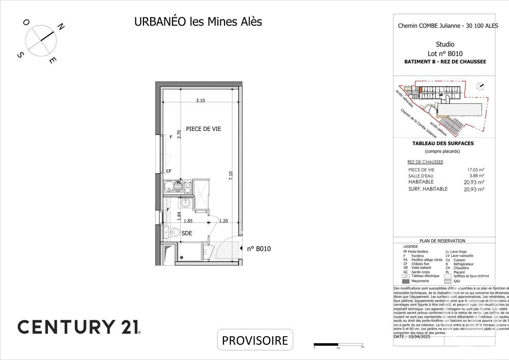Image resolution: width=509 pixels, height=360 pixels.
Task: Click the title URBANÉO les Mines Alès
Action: pyautogui.click(x=198, y=22)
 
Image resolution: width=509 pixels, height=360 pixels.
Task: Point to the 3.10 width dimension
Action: pyautogui.click(x=201, y=101)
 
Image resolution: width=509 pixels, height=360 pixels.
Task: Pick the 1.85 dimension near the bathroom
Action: pyautogui.click(x=188, y=221)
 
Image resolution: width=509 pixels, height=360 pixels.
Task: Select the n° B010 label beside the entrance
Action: pyautogui.click(x=258, y=249)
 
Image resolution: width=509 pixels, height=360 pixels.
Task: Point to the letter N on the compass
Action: pyautogui.click(x=60, y=27)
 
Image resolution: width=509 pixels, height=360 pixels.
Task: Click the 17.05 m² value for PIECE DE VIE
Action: pyautogui.click(x=474, y=170)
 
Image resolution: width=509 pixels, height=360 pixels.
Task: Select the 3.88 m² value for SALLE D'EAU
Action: pyautogui.click(x=476, y=176)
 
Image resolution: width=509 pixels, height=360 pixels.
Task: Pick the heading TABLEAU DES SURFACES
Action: pyautogui.click(x=442, y=144)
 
